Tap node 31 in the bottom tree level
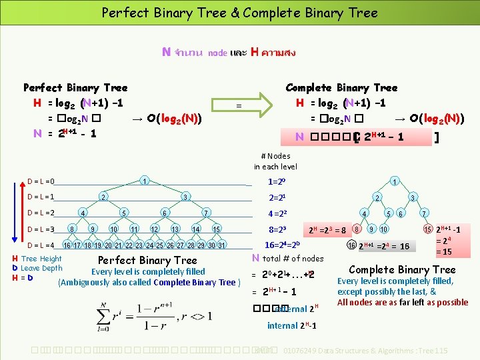[222, 245]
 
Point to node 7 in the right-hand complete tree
[423, 213]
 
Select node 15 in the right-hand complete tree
[427, 230]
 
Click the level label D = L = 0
[41, 181]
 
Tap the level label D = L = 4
[41, 245]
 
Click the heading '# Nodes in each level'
[275, 161]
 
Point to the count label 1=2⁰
[276, 181]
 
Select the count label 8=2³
[277, 229]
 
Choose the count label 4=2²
[275, 214]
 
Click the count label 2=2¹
[276, 197]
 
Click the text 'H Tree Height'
[37, 259]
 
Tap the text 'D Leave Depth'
[37, 268]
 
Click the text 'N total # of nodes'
[288, 258]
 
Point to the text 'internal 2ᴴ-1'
[291, 325]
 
